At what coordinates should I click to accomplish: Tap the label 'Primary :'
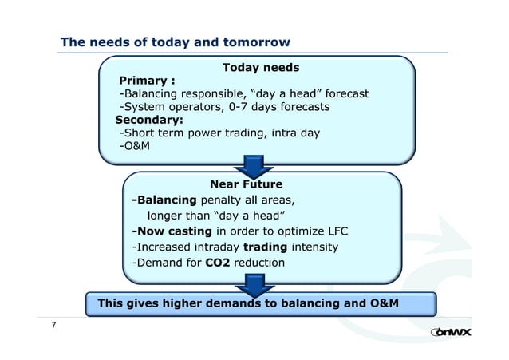pyautogui.click(x=147, y=81)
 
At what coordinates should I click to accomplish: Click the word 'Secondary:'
pyautogui.click(x=149, y=120)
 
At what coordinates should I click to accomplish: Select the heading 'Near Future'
pyautogui.click(x=245, y=185)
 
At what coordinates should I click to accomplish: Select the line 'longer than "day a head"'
pyautogui.click(x=216, y=216)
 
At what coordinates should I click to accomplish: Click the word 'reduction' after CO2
pyautogui.click(x=258, y=262)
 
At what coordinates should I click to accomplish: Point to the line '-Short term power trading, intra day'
pyautogui.click(x=219, y=133)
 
